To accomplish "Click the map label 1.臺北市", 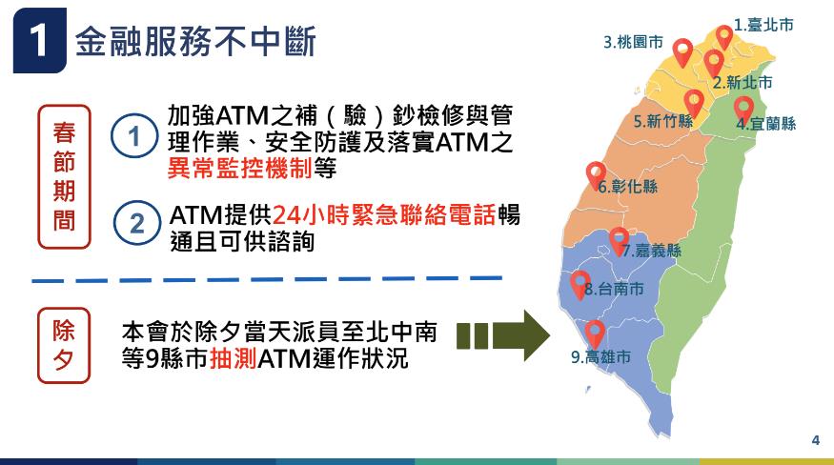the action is (x=763, y=25).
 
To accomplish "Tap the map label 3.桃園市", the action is (x=633, y=42).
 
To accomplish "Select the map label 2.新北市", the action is (x=742, y=82).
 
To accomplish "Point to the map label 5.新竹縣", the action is (x=663, y=121).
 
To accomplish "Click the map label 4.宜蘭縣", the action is (x=766, y=124).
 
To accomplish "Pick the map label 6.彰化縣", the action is (x=627, y=186).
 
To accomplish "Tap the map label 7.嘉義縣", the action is (x=652, y=250).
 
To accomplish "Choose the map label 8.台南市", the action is (x=615, y=289).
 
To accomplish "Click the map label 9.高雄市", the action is (x=601, y=356).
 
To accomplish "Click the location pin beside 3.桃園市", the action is (x=682, y=51).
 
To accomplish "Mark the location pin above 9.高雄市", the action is (x=595, y=334).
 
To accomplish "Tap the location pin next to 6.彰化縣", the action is (x=597, y=175).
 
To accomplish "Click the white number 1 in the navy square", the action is (x=39, y=40).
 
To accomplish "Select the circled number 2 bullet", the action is (x=136, y=224).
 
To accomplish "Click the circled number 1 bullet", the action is (x=134, y=136).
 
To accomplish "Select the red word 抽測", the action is (x=234, y=358).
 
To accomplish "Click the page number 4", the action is (x=816, y=440).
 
